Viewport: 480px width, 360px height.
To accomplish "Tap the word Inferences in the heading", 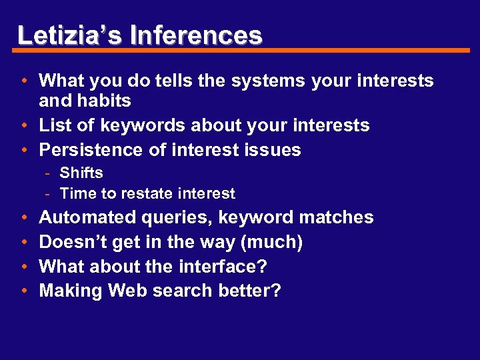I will pyautogui.click(x=196, y=35).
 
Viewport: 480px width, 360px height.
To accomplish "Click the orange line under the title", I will pyautogui.click(x=244, y=51).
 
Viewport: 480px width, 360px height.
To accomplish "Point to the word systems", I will pyautogui.click(x=267, y=81).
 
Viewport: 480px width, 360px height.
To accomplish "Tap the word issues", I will pyautogui.click(x=274, y=150).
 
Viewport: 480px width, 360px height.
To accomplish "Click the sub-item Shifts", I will pyautogui.click(x=81, y=173).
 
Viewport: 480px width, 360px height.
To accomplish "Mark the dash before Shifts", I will pyautogui.click(x=49, y=173).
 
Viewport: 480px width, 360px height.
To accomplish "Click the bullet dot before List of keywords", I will pyautogui.click(x=23, y=126).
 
